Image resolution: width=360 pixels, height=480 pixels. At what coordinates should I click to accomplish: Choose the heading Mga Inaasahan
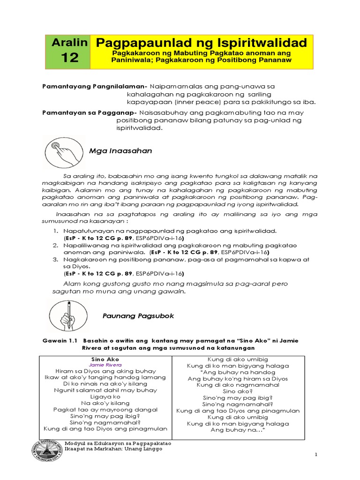tap(120, 151)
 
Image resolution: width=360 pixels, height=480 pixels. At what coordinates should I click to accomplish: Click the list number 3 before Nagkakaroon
tap(55, 259)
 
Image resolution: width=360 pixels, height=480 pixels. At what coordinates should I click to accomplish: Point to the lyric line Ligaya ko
tap(105, 396)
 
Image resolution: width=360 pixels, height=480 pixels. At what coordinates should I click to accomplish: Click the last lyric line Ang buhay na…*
tap(238, 429)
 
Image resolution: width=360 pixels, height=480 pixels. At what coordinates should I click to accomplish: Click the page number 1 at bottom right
tap(316, 455)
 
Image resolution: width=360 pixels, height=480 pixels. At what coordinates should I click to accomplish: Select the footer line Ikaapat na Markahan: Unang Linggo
tap(113, 449)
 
